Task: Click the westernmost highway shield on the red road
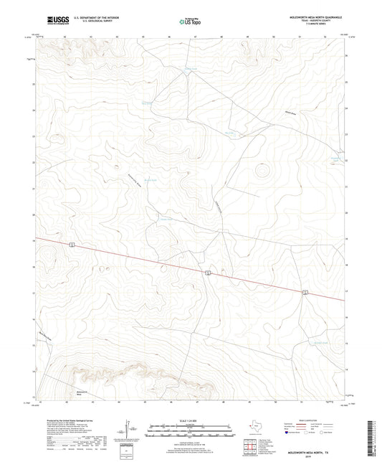tap(72, 245)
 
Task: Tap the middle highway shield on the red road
tap(207, 273)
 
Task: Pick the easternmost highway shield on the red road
tap(305, 292)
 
